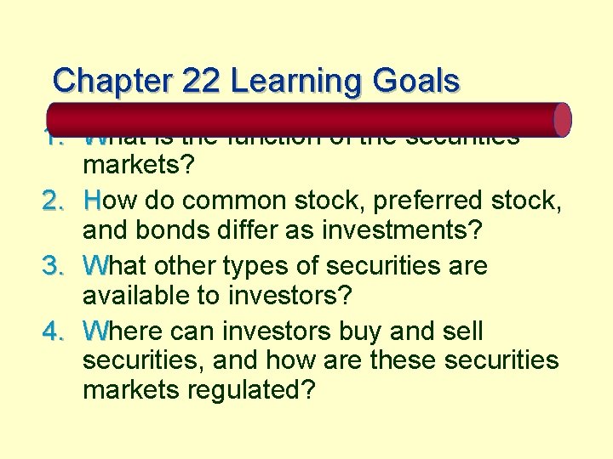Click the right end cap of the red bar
point(563,120)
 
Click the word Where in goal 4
point(125,330)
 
